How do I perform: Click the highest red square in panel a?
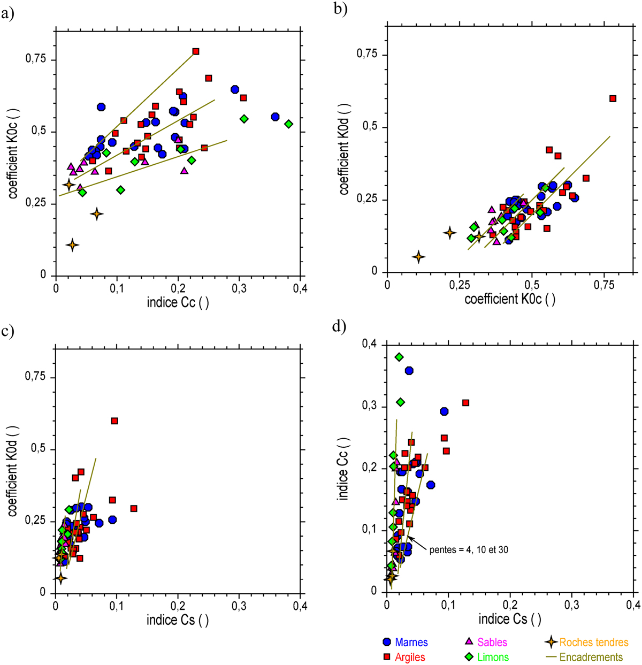(196, 51)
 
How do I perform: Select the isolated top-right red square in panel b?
(613, 98)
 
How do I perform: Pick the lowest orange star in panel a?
(72, 245)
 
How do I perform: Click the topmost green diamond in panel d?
(399, 357)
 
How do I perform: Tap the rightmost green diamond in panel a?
(289, 124)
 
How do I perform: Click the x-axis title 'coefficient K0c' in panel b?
(509, 299)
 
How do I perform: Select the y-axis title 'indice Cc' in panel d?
(343, 469)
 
